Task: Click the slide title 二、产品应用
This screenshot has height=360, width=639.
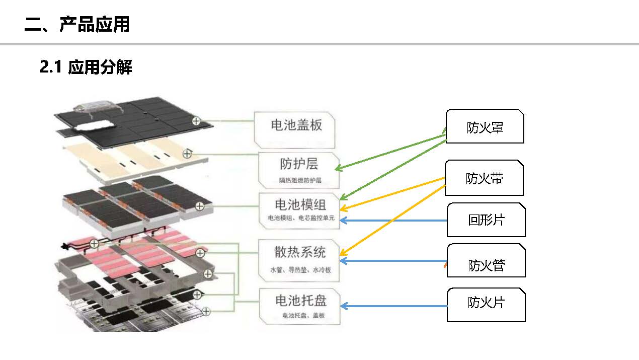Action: pos(77,24)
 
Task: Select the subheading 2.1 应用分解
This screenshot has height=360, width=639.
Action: pos(86,67)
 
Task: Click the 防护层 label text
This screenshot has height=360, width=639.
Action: pos(299,164)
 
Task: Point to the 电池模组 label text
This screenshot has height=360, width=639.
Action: pos(300,204)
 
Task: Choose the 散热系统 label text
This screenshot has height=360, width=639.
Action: pos(300,252)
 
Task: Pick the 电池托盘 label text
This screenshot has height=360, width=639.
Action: pos(300,301)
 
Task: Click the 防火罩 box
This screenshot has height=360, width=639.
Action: pos(485,127)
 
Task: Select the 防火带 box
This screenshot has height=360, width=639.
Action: pos(485,179)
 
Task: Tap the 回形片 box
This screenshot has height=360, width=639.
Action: pos(486,220)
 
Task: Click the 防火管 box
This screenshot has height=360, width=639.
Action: pos(486,265)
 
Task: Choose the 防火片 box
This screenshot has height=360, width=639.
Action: pos(486,303)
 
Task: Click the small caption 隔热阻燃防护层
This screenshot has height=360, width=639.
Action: pos(300,180)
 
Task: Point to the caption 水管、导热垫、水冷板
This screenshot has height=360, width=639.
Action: pos(300,270)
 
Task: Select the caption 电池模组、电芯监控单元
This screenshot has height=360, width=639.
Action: pos(300,220)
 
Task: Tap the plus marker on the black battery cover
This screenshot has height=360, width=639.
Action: pos(196,120)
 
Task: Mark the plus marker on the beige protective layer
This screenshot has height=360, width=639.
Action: pos(187,154)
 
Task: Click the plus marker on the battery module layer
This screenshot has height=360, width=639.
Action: pos(200,206)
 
